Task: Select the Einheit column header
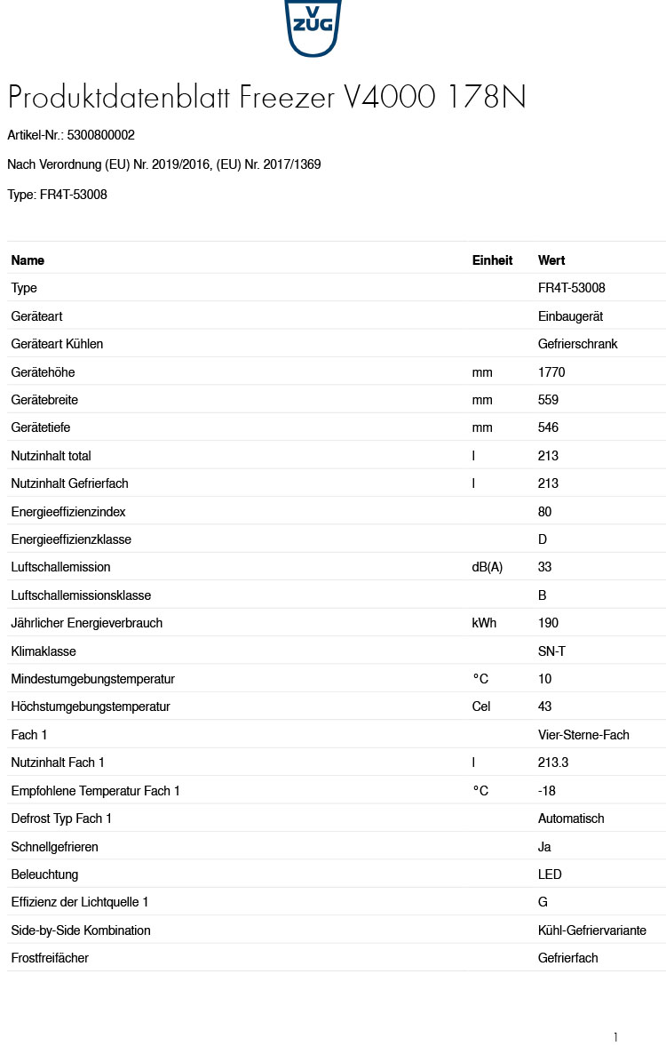492,260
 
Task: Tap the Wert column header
551,260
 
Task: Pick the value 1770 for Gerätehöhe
551,372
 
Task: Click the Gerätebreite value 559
548,400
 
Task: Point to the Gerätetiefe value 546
548,427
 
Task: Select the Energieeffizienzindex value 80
544,512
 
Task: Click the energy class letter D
543,539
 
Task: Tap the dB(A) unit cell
487,567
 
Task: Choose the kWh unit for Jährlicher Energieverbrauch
484,623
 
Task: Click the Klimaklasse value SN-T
551,651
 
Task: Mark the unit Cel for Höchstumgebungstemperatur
480,707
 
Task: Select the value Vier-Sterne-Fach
583,735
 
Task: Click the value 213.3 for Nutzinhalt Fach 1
553,763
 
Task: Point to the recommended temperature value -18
547,791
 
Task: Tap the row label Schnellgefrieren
54,847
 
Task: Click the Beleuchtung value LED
550,874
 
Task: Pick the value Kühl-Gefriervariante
591,930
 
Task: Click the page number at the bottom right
615,1037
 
